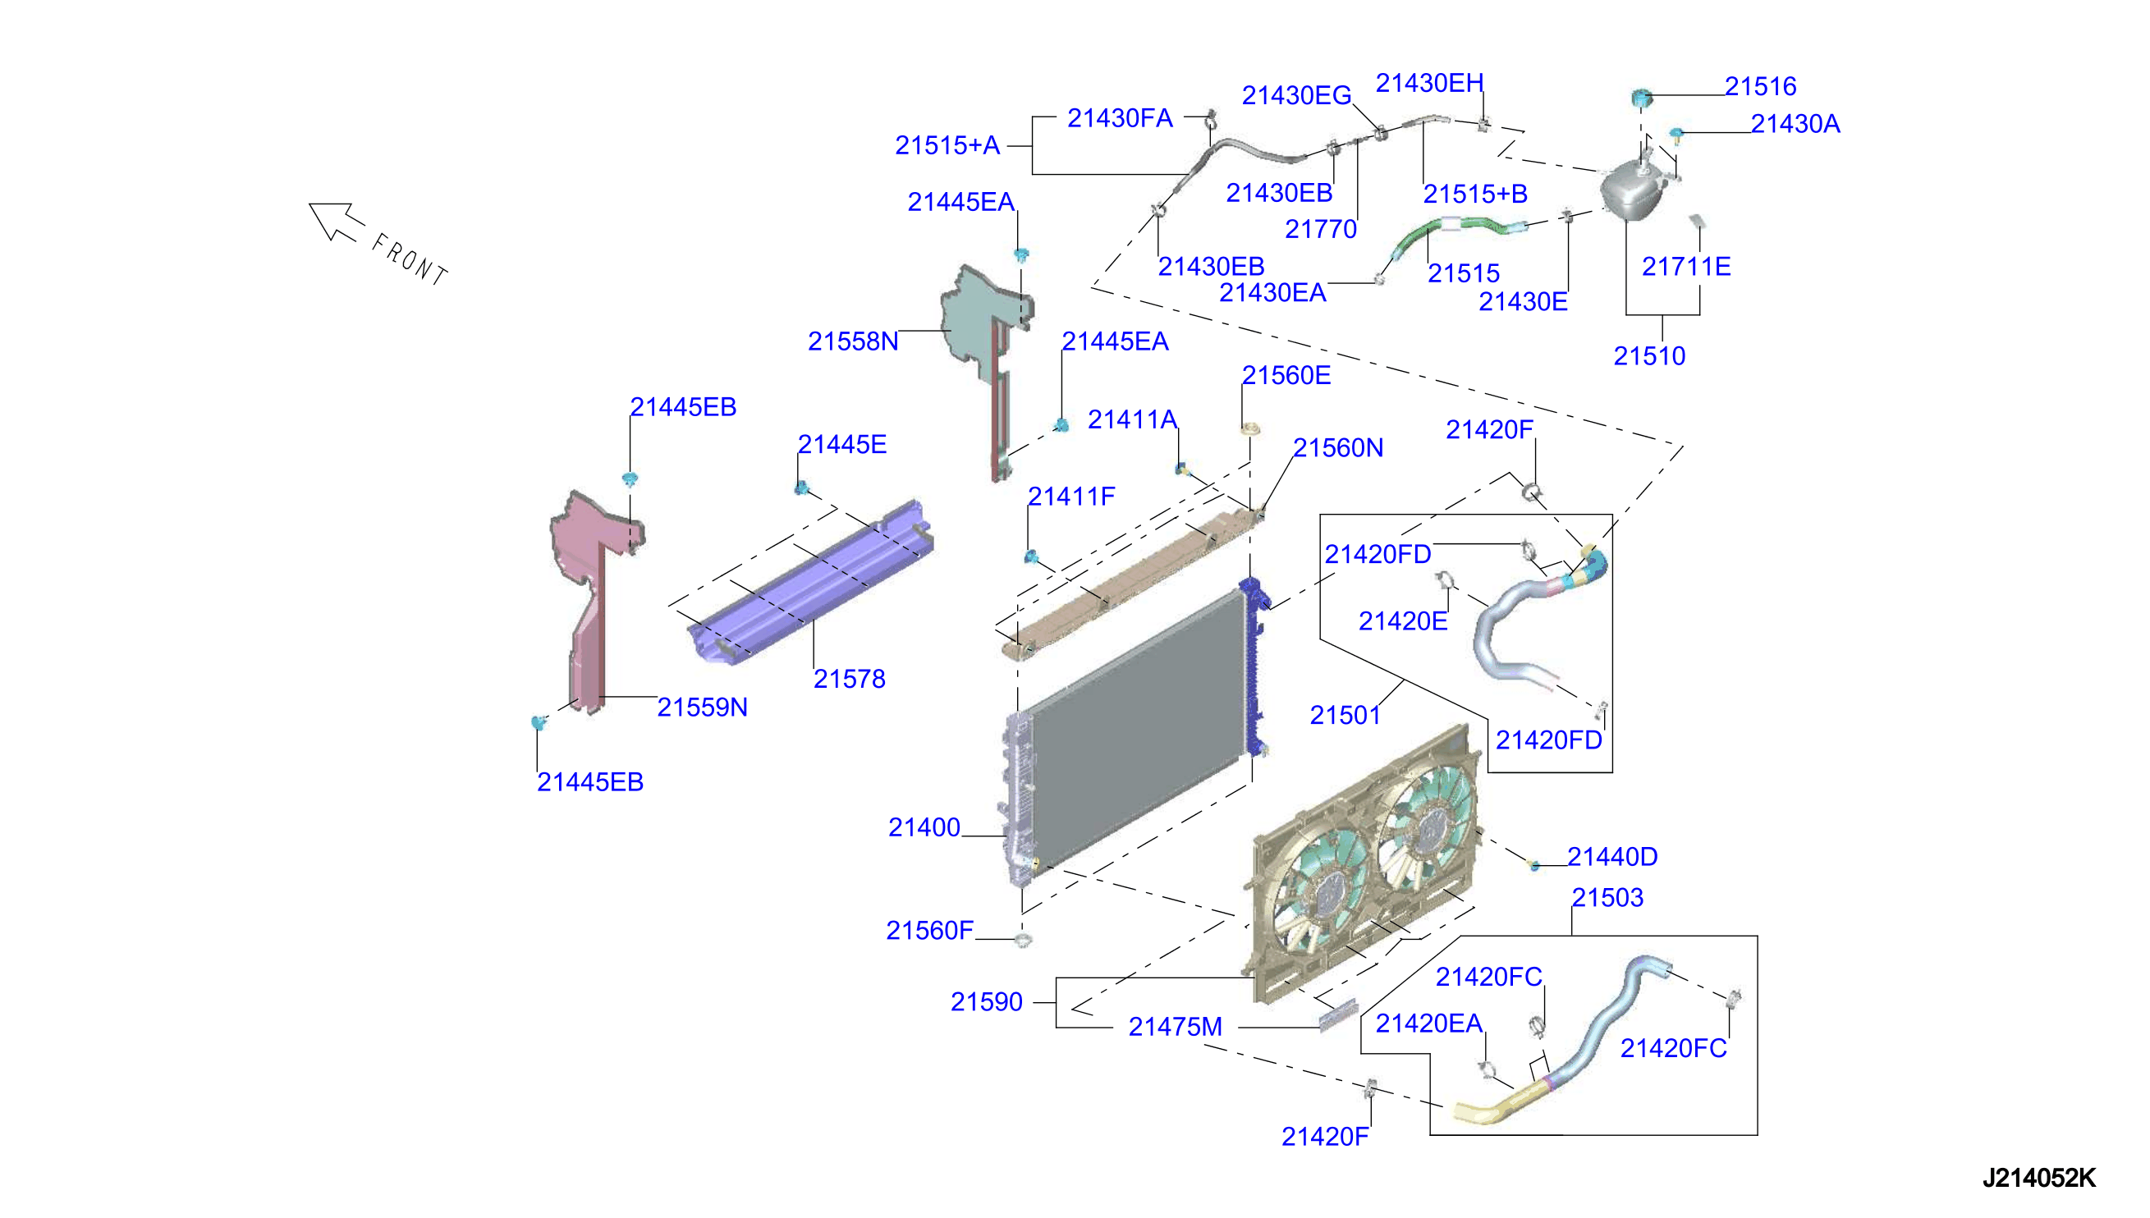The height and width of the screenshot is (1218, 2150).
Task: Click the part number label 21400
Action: click(x=924, y=827)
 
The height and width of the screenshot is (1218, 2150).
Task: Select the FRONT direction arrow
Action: click(x=337, y=222)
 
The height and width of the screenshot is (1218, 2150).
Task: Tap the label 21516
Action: click(x=1760, y=86)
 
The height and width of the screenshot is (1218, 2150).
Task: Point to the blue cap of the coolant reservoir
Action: click(x=1641, y=98)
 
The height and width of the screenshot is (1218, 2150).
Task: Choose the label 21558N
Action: click(x=852, y=341)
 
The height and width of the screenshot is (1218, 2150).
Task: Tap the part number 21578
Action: click(x=849, y=679)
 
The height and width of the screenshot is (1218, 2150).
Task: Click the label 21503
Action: click(x=1607, y=898)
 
